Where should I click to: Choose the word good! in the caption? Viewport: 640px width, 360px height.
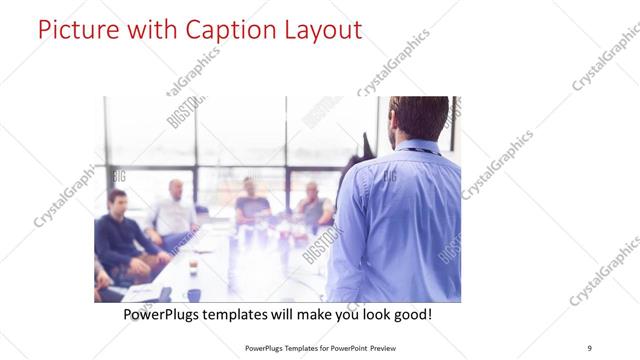409,315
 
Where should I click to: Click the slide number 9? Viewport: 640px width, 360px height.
589,347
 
